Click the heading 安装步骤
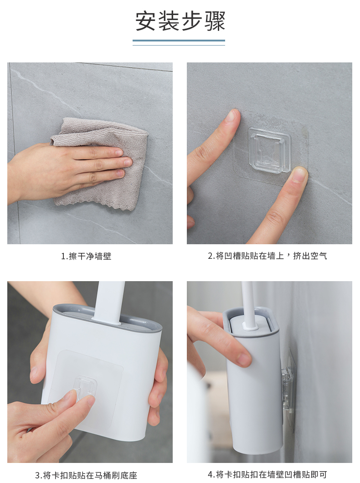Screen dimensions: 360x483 click(x=180, y=21)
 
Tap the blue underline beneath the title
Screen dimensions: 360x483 click(x=179, y=41)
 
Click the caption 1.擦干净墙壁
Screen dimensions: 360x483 click(x=86, y=256)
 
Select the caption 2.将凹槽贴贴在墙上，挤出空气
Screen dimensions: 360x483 click(x=267, y=256)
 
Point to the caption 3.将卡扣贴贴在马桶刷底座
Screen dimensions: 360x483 click(x=86, y=475)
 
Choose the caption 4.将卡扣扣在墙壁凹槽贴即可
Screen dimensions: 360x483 click(x=267, y=474)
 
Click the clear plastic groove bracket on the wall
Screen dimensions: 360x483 click(x=269, y=150)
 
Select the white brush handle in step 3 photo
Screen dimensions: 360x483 click(x=109, y=302)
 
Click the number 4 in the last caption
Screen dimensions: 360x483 click(x=211, y=475)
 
